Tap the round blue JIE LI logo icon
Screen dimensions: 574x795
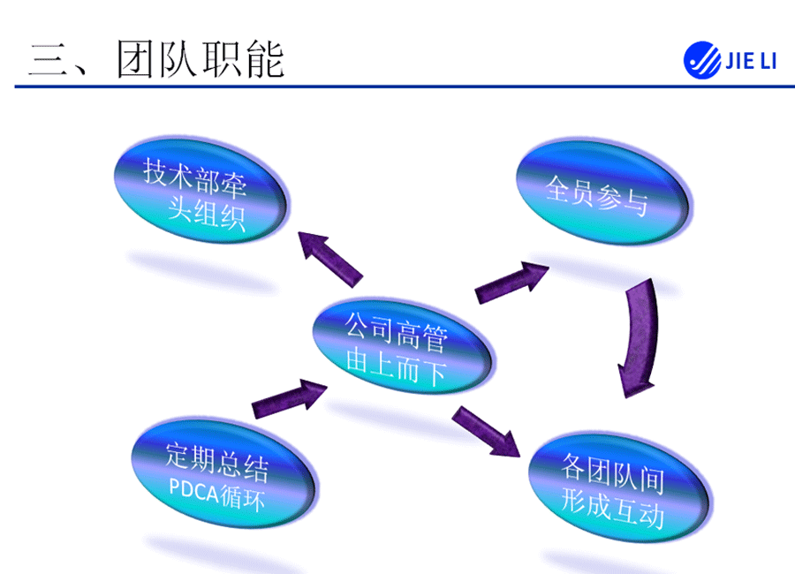(x=702, y=60)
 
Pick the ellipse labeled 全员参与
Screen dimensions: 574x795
(x=601, y=187)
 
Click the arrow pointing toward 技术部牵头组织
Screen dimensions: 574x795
(x=329, y=257)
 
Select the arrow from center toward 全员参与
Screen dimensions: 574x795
(x=511, y=282)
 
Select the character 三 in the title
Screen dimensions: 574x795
(x=49, y=60)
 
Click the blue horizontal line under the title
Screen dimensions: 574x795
(x=397, y=87)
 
